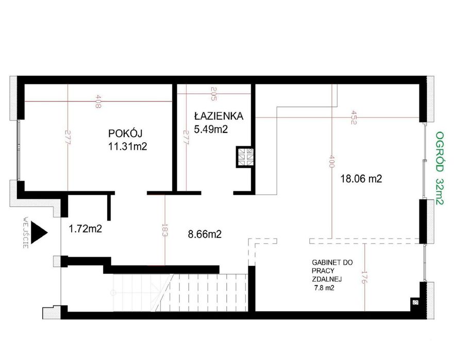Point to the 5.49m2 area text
211,130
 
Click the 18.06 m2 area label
361,179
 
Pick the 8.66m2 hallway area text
205,234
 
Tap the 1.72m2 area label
85,228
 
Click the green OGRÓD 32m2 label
439,167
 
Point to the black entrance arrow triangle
38,231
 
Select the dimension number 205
214,93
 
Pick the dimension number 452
354,117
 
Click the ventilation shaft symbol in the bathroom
244,157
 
